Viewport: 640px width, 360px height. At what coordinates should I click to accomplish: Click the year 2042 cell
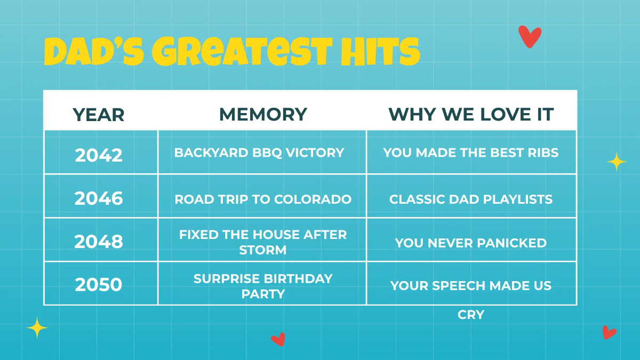(99, 155)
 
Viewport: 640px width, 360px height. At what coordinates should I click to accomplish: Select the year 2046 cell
(99, 198)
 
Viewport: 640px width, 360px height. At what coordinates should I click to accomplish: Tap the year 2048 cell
(99, 242)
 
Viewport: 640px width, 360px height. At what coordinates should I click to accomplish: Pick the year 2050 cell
(99, 284)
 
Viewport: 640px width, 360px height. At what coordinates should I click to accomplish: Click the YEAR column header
(99, 114)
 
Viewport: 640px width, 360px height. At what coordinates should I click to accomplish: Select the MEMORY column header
(263, 114)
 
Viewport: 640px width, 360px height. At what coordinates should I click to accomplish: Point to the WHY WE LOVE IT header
(471, 114)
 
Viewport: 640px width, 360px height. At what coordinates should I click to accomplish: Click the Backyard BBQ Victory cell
(259, 153)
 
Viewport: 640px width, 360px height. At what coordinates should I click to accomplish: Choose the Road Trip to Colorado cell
(263, 199)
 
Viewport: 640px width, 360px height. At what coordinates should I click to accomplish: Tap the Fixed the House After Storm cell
(263, 242)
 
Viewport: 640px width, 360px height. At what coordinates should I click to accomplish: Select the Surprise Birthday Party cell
(263, 286)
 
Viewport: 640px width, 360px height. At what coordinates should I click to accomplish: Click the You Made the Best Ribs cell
(471, 153)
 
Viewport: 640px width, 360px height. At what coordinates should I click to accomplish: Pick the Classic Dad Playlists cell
(471, 199)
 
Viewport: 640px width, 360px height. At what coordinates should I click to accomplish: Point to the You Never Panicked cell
(471, 243)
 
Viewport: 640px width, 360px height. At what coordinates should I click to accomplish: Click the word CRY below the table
(471, 315)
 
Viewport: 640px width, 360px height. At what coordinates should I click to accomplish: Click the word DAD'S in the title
(93, 52)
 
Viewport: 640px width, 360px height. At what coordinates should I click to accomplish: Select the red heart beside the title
(530, 36)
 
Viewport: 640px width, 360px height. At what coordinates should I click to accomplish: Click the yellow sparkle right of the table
(616, 161)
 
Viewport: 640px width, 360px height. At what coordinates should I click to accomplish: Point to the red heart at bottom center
(278, 339)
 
